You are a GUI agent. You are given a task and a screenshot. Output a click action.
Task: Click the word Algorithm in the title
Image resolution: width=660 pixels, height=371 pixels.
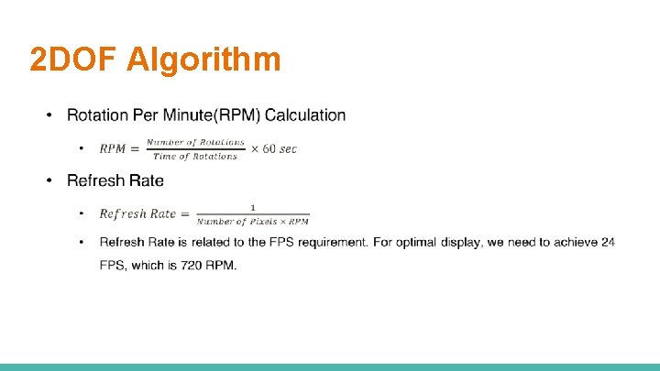(x=203, y=60)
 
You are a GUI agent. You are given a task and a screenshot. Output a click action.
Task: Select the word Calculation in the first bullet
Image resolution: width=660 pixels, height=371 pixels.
(x=303, y=115)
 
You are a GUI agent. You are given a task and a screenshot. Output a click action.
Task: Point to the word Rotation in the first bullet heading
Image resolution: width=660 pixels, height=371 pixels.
(x=96, y=115)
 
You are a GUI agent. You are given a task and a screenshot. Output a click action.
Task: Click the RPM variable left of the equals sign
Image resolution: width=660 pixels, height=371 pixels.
(x=113, y=148)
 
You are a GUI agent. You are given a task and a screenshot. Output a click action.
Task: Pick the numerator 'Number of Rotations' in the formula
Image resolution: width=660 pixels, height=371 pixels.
(x=196, y=142)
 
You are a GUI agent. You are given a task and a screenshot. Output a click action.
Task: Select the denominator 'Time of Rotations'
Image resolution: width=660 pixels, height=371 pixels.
(x=195, y=157)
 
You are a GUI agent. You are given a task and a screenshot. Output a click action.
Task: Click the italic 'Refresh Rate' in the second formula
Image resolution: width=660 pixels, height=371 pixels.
(x=137, y=213)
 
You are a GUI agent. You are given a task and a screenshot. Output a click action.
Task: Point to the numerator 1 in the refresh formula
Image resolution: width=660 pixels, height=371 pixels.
(x=253, y=207)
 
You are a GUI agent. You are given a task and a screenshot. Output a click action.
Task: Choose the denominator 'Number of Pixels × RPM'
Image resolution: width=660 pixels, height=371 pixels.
(x=253, y=221)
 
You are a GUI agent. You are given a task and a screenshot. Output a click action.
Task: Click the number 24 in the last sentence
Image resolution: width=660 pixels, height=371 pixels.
(x=607, y=242)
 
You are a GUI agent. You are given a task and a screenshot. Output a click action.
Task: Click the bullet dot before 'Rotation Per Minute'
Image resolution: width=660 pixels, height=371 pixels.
(x=51, y=115)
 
